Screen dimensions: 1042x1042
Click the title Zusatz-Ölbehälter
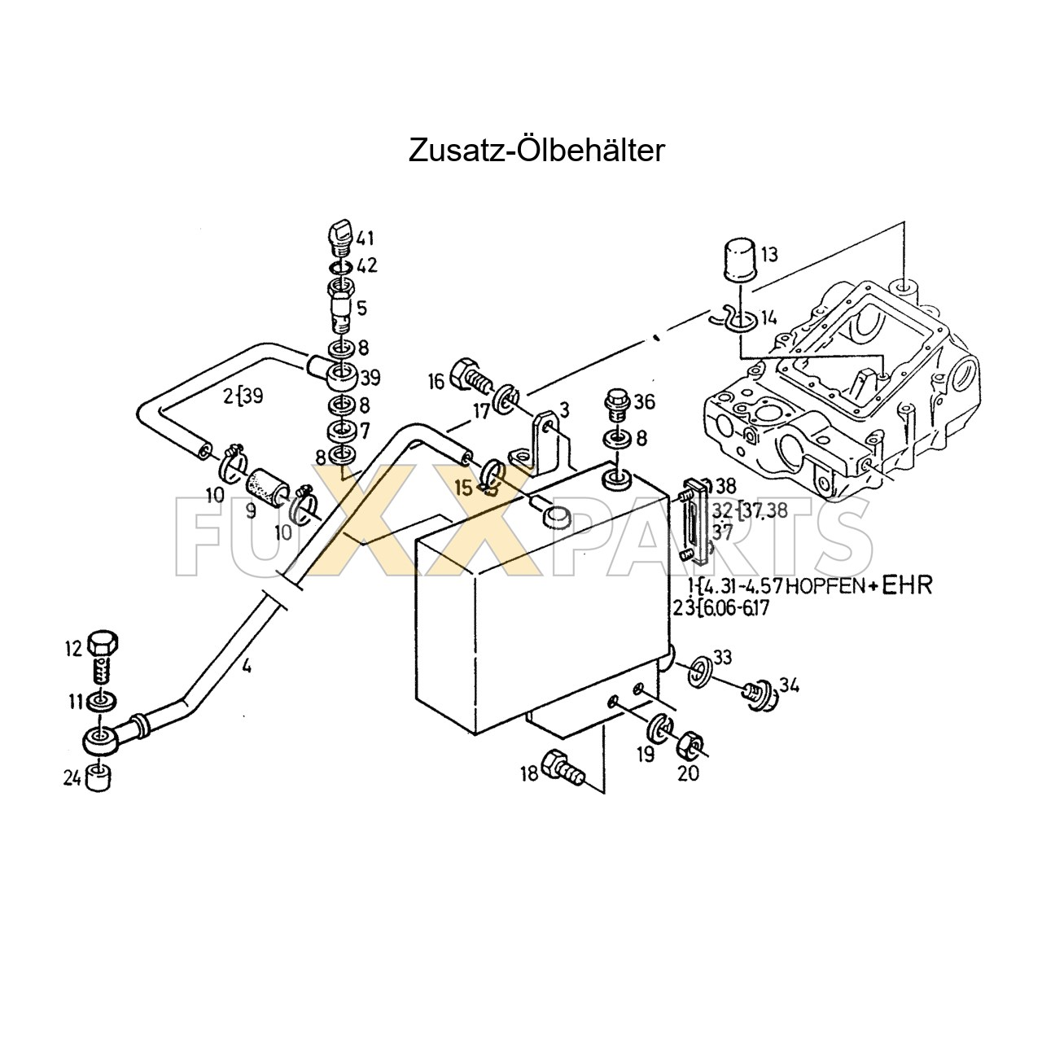(x=536, y=150)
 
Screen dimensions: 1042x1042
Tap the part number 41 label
(x=364, y=239)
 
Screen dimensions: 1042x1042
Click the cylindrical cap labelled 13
(x=739, y=258)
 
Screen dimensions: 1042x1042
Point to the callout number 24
(x=72, y=778)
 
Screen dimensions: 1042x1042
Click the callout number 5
(x=361, y=308)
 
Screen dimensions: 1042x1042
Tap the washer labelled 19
(x=659, y=726)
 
